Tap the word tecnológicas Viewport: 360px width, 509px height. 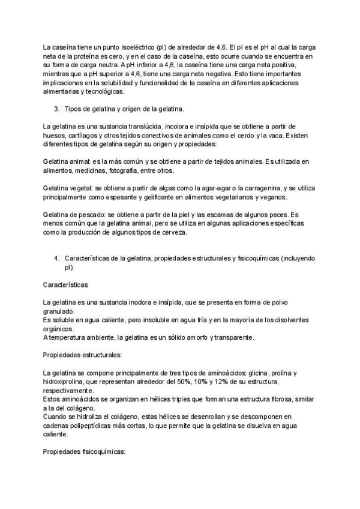coord(103,92)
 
